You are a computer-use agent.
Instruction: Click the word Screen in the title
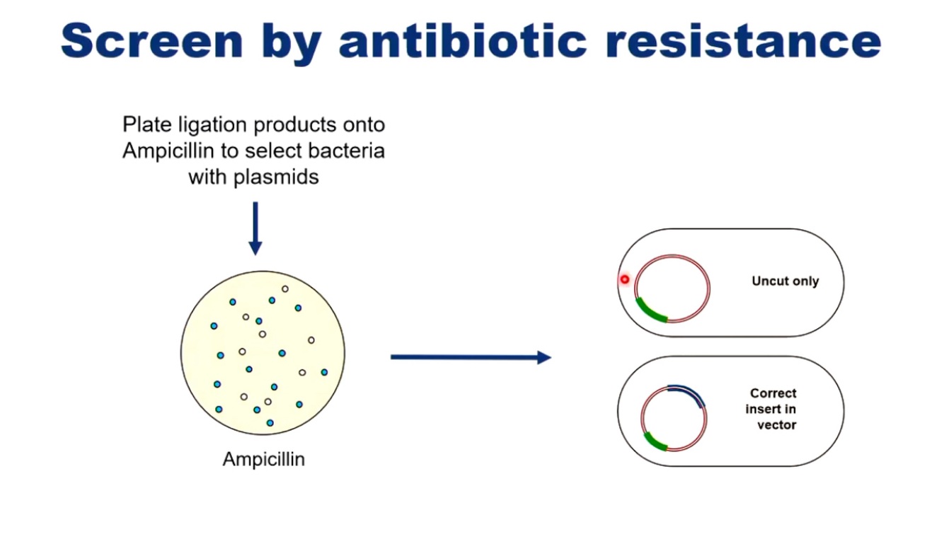point(151,41)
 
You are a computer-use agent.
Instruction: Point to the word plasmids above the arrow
point(276,176)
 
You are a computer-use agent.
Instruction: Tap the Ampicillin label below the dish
point(263,459)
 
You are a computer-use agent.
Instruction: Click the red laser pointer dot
point(625,279)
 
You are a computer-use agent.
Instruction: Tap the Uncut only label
point(785,281)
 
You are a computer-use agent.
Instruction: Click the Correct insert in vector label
point(772,409)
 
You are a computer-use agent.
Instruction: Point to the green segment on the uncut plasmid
point(651,312)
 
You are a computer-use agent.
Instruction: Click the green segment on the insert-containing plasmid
point(656,441)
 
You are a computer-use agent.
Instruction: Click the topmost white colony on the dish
point(285,289)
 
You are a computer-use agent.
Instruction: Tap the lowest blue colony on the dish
point(270,423)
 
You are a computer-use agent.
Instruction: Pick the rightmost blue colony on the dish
point(324,372)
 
